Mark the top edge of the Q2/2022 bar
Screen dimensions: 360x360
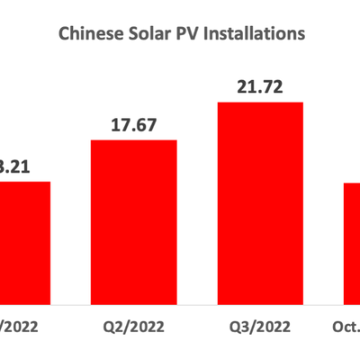133,140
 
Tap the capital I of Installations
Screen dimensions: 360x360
211,34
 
